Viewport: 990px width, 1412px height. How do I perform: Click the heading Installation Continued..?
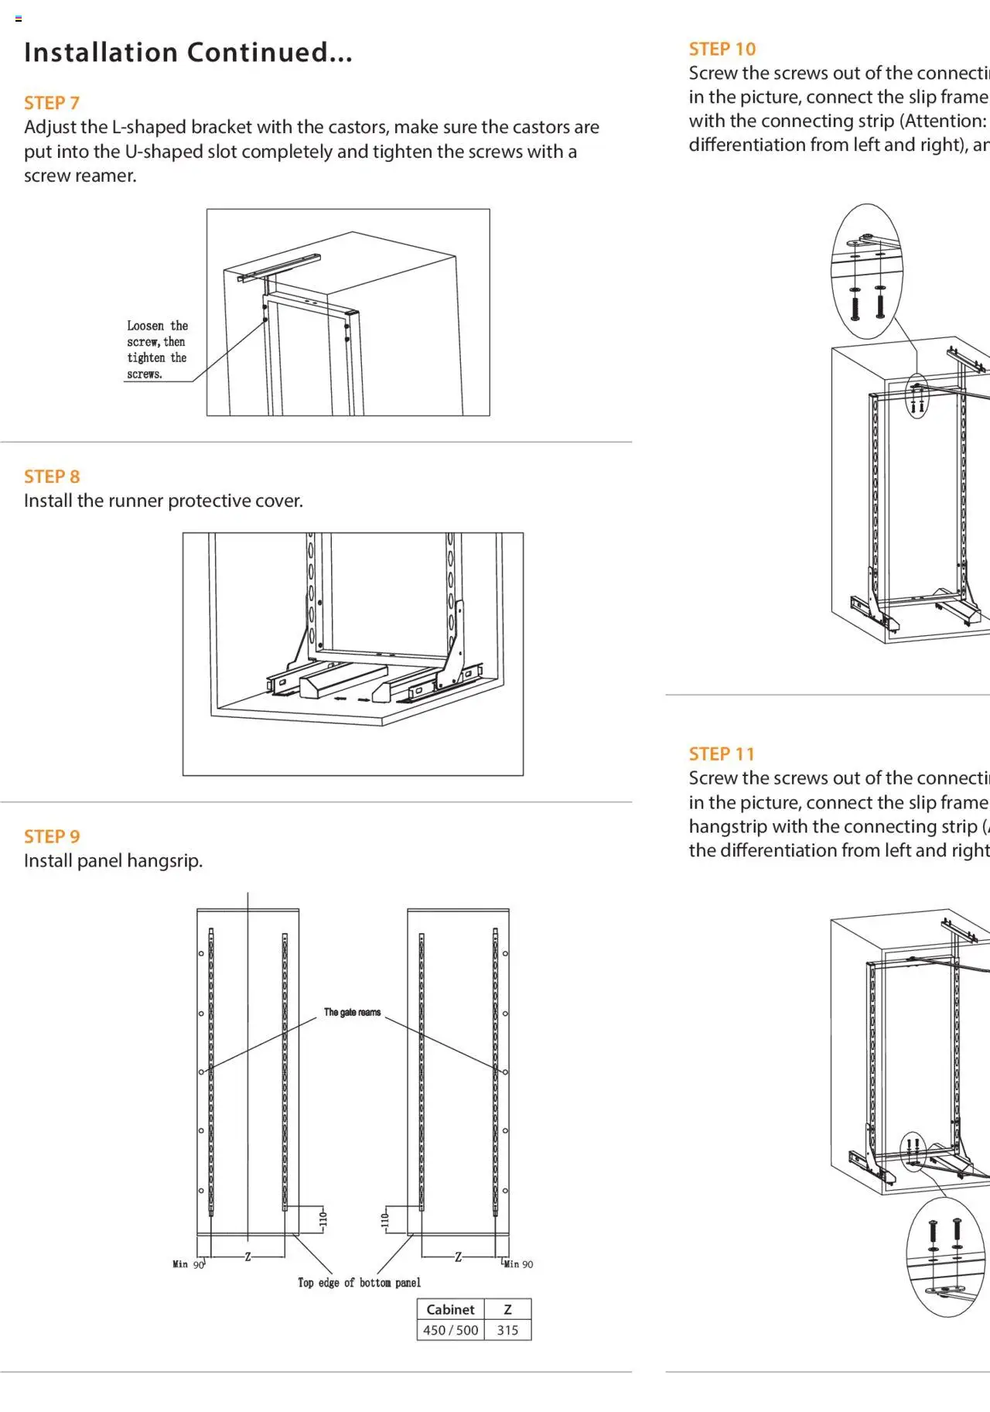point(188,53)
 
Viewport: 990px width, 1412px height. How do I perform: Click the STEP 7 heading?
point(52,103)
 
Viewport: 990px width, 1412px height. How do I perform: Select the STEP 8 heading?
point(52,477)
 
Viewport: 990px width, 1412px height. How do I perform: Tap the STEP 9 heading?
point(52,836)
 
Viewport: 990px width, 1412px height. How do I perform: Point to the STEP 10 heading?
point(722,49)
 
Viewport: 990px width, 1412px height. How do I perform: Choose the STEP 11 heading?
point(721,754)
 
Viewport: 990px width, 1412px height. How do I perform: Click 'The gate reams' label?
point(352,1012)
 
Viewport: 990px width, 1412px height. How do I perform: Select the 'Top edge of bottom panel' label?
point(359,1283)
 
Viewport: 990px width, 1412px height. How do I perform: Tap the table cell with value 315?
point(507,1330)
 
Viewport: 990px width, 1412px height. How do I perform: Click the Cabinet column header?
point(450,1309)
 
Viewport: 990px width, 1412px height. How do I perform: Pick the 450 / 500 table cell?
point(450,1330)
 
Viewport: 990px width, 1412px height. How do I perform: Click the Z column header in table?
point(507,1309)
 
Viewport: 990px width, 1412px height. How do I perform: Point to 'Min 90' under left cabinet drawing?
point(188,1264)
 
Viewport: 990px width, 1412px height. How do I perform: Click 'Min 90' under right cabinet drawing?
point(518,1264)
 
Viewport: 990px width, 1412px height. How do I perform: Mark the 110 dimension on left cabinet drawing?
point(323,1219)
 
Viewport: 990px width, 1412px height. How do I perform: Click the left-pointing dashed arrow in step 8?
point(340,699)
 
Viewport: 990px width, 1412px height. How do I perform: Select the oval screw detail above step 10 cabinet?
point(867,271)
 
